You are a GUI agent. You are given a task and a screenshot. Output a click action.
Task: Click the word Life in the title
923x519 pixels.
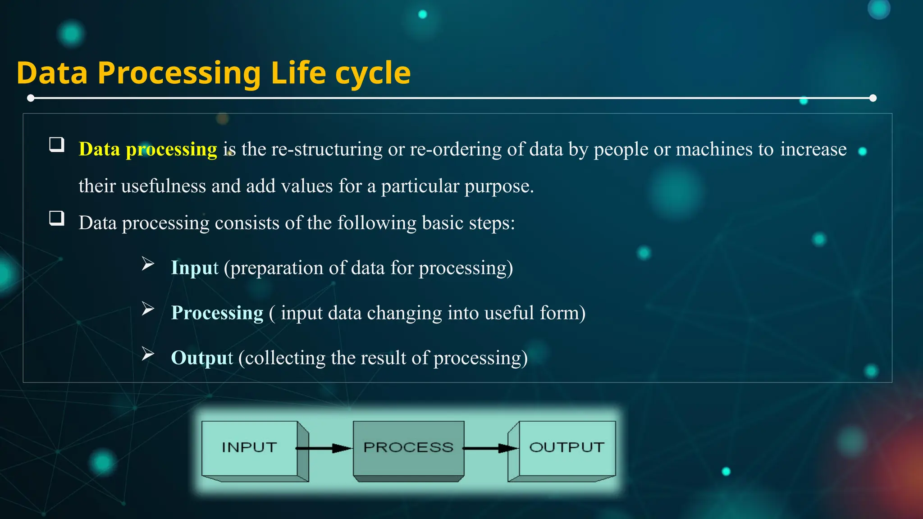(298, 73)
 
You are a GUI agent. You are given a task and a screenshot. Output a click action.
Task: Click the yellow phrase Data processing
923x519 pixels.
(148, 149)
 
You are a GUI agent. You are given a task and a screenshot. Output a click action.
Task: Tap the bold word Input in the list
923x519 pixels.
(194, 268)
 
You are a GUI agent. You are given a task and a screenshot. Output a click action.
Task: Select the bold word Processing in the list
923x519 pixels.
(217, 313)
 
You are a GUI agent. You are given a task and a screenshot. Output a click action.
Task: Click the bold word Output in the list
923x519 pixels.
(201, 358)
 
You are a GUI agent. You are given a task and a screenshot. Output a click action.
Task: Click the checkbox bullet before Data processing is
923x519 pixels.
(57, 145)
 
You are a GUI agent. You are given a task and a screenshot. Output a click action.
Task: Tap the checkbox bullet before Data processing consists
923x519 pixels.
(57, 219)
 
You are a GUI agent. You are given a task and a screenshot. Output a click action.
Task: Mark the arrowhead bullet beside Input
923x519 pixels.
(148, 264)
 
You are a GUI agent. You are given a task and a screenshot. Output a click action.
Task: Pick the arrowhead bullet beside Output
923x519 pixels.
(148, 354)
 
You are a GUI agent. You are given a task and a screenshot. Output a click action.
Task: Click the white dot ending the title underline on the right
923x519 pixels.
(873, 98)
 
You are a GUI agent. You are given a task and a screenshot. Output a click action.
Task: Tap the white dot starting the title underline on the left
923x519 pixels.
(31, 98)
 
